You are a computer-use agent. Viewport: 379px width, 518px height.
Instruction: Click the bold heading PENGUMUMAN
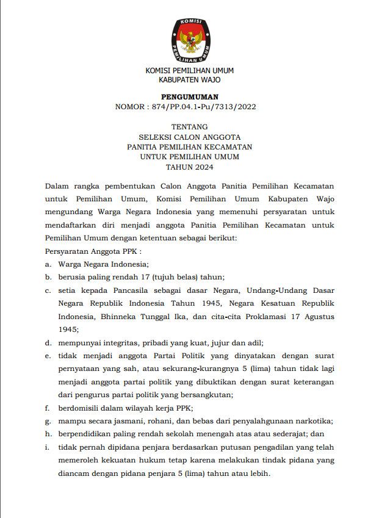point(189,97)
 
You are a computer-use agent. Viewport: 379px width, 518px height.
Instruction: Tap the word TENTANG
point(189,127)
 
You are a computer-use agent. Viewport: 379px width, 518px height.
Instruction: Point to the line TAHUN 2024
point(189,167)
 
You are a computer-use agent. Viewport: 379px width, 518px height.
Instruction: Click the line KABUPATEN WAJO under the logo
point(189,80)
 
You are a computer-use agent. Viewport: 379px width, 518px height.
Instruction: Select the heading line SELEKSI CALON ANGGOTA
point(189,137)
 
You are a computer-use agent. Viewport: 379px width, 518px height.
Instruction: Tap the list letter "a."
point(48,264)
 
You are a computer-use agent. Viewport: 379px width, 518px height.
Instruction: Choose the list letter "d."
point(48,342)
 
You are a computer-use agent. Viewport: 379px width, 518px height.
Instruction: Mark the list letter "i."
point(46,447)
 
